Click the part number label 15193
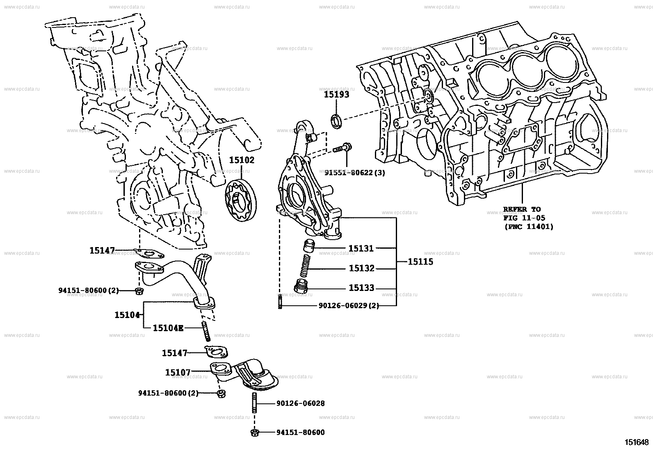pos(336,94)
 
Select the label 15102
pos(241,160)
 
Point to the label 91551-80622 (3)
pos(355,173)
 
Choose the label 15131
pos(361,248)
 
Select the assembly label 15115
pos(420,261)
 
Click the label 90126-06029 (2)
pos(349,306)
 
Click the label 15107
pos(178,373)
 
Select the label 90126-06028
pos(300,403)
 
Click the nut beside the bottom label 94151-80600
pos(254,432)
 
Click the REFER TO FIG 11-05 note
pos(528,218)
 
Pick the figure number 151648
pos(637,442)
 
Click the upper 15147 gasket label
pos(102,250)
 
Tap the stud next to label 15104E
pos(206,332)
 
